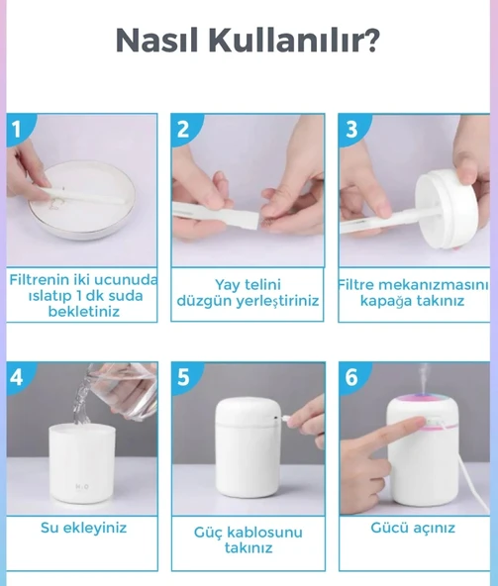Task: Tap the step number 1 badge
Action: coord(17,128)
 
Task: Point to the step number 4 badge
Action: coord(17,376)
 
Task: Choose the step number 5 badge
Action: coord(183,377)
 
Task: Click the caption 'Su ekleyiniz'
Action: coord(83,528)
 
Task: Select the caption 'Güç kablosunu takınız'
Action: coord(248,539)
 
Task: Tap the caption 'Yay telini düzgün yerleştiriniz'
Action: coord(248,292)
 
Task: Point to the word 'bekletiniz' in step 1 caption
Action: coord(83,312)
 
